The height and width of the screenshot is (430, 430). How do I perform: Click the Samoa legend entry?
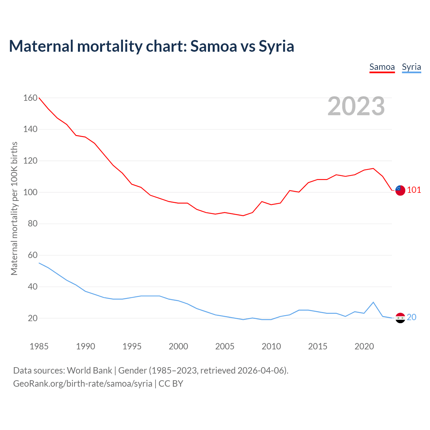[x=382, y=67]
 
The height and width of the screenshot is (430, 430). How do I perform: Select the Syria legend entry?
[x=411, y=67]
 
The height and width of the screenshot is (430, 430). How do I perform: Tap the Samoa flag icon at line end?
[x=400, y=190]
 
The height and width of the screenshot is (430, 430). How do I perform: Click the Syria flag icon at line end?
[x=400, y=317]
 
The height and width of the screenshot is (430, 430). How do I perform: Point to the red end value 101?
[x=414, y=190]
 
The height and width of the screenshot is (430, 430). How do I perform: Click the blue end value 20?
[x=412, y=317]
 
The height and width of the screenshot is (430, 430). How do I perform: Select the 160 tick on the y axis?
[x=30, y=98]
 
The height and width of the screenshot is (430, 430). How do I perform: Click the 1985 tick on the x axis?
[x=39, y=346]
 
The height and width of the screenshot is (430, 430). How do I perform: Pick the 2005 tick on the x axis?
[x=225, y=346]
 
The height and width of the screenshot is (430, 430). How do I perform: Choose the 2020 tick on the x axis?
[x=364, y=346]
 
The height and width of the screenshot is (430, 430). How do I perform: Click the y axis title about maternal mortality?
[x=14, y=208]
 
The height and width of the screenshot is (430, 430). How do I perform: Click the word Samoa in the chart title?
[x=214, y=46]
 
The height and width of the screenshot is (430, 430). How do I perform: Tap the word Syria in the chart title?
[x=276, y=46]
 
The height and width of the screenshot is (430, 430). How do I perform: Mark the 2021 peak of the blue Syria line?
[x=373, y=302]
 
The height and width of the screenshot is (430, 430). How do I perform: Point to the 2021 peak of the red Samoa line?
[x=373, y=168]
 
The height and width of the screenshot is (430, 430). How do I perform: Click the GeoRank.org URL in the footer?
[x=83, y=384]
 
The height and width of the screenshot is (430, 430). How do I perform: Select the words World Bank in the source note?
[x=89, y=371]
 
